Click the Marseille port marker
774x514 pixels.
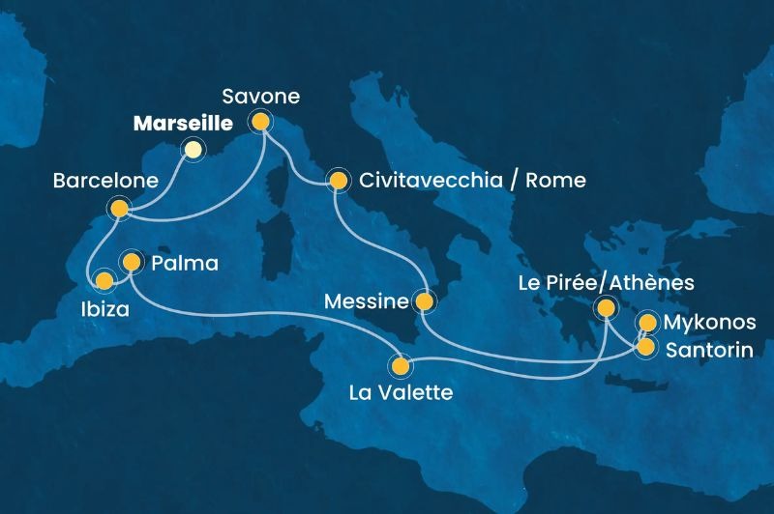pyautogui.click(x=193, y=149)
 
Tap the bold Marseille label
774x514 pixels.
pyautogui.click(x=182, y=124)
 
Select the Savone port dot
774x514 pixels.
pyautogui.click(x=259, y=122)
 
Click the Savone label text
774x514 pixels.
pyautogui.click(x=260, y=97)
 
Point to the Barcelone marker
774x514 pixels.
pyautogui.click(x=119, y=208)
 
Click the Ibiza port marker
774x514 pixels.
pyautogui.click(x=104, y=281)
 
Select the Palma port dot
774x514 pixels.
pyautogui.click(x=130, y=261)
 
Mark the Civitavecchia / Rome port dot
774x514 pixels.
pyautogui.click(x=338, y=180)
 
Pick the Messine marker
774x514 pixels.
pyautogui.click(x=424, y=302)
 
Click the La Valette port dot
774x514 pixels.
pyautogui.click(x=400, y=366)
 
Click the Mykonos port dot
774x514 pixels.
pyautogui.click(x=647, y=323)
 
